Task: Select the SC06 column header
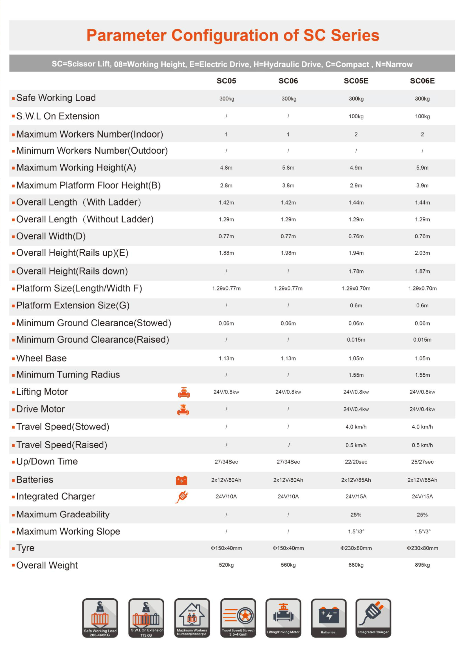click(x=288, y=81)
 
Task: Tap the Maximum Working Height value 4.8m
click(x=226, y=168)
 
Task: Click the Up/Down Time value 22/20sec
click(x=356, y=462)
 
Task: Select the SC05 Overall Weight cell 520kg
click(x=226, y=565)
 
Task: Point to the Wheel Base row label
click(x=41, y=358)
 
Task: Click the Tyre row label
click(x=25, y=548)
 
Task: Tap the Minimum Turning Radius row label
click(x=68, y=375)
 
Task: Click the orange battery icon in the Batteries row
click(x=182, y=480)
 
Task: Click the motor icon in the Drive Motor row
click(x=183, y=410)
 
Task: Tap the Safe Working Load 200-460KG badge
click(x=100, y=618)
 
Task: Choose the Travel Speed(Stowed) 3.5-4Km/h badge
click(x=238, y=618)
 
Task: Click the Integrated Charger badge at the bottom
click(x=373, y=618)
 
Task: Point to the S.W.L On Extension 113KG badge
click(x=146, y=618)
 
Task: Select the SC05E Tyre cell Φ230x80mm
click(x=356, y=548)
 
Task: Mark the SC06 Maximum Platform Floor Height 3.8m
click(x=288, y=186)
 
